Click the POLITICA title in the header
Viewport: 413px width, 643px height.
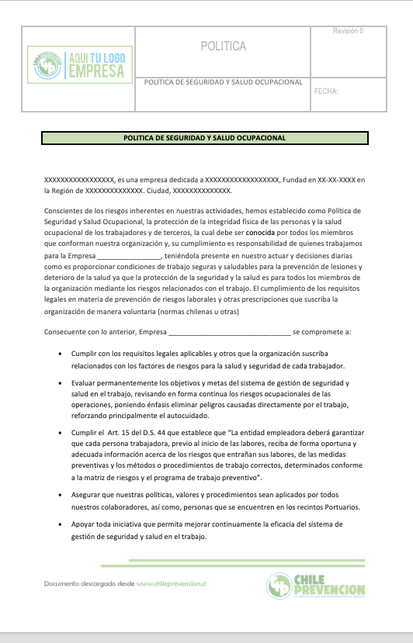tap(223, 47)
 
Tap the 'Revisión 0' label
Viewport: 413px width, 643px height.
tap(348, 31)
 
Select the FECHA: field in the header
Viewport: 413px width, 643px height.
tap(326, 92)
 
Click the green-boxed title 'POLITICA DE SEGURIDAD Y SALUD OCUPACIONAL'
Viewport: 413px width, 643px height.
tap(205, 138)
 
